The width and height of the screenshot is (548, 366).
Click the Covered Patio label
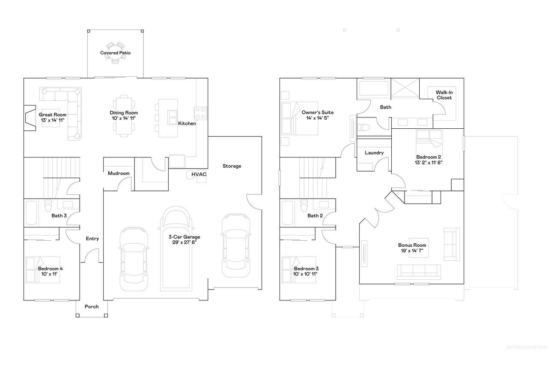pyautogui.click(x=115, y=53)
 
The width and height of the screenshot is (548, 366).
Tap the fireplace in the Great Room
pyautogui.click(x=30, y=118)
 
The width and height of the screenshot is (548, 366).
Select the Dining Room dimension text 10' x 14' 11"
pyautogui.click(x=124, y=118)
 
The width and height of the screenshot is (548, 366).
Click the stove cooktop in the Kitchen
pyautogui.click(x=200, y=113)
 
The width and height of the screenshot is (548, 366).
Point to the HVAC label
pyautogui.click(x=199, y=174)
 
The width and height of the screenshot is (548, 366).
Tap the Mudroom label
pyautogui.click(x=119, y=173)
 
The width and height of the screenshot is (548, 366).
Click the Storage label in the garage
pyautogui.click(x=232, y=166)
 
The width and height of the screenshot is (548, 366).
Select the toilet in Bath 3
pyautogui.click(x=48, y=206)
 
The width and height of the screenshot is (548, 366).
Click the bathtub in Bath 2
pyautogui.click(x=287, y=213)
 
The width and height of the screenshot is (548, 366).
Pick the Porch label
pyautogui.click(x=92, y=307)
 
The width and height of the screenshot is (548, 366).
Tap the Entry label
pyautogui.click(x=92, y=239)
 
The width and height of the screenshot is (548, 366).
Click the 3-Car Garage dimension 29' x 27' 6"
pyautogui.click(x=184, y=242)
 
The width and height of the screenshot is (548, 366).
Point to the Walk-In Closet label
pyautogui.click(x=444, y=95)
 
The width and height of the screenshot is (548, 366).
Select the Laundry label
pyautogui.click(x=374, y=153)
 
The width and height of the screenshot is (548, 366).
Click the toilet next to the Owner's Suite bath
pyautogui.click(x=363, y=128)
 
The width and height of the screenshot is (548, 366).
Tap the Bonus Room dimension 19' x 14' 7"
pyautogui.click(x=412, y=251)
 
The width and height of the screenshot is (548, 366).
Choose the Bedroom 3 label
pyautogui.click(x=306, y=269)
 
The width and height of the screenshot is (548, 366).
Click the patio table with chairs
pyautogui.click(x=115, y=53)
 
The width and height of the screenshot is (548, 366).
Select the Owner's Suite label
pyautogui.click(x=317, y=112)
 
